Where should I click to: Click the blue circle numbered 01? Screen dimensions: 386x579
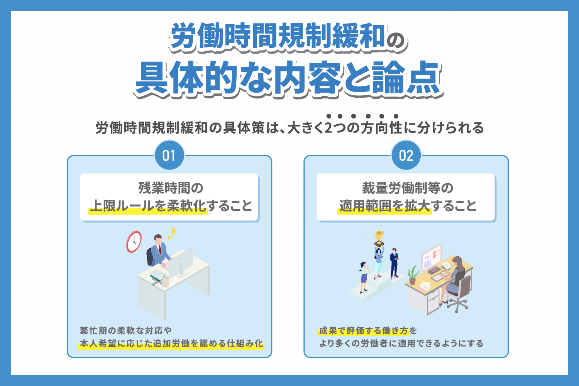pyautogui.click(x=169, y=156)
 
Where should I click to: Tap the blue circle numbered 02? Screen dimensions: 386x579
pyautogui.click(x=406, y=156)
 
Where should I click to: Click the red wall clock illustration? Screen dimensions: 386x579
pyautogui.click(x=134, y=242)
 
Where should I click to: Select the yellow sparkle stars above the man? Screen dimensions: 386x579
pyautogui.click(x=172, y=234)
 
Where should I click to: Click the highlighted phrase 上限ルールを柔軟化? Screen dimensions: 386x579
pyautogui.click(x=149, y=206)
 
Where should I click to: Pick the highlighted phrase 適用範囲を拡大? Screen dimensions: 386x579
pyautogui.click(x=385, y=206)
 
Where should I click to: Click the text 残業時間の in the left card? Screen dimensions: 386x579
pyautogui.click(x=171, y=188)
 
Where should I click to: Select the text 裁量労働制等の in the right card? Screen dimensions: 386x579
pyautogui.click(x=407, y=188)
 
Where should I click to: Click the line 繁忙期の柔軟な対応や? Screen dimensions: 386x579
pyautogui.click(x=126, y=330)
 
